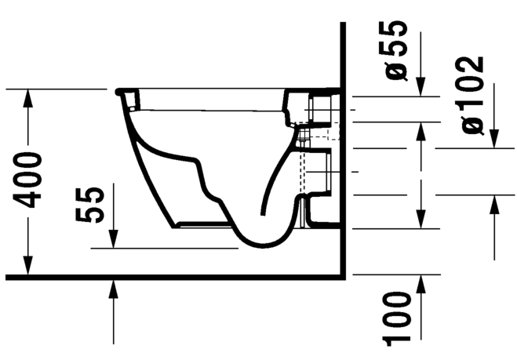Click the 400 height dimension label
pyautogui.click(x=31, y=180)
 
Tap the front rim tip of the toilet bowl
pyautogui.click(x=118, y=93)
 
